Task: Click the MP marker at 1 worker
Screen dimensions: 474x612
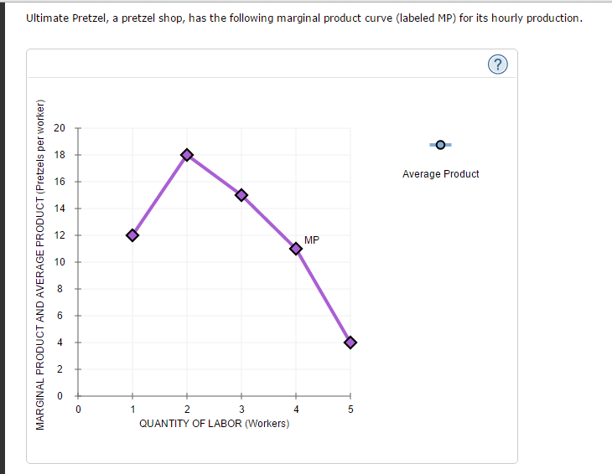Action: tap(132, 235)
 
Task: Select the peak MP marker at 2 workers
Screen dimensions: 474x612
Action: tap(187, 154)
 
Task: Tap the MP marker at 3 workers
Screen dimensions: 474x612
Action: tap(241, 195)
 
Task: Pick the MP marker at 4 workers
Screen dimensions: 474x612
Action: tap(296, 249)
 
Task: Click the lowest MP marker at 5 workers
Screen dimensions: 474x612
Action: tap(350, 343)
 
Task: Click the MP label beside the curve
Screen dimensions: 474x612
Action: tap(312, 240)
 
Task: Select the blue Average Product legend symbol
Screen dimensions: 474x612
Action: tap(440, 145)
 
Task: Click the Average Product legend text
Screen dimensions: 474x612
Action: tap(440, 174)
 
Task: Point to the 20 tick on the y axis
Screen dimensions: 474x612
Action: tap(59, 128)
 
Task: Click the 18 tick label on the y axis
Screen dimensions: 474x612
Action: tap(59, 155)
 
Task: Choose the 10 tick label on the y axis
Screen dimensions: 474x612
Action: tap(59, 262)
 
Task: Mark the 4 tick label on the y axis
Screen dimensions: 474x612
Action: tap(59, 343)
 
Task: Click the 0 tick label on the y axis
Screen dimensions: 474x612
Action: tap(59, 396)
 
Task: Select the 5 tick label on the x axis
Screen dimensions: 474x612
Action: tap(350, 410)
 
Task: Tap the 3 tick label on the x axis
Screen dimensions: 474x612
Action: tap(241, 410)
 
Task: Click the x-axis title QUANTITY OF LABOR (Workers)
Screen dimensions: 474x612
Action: tap(214, 424)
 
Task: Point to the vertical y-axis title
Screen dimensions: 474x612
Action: tap(39, 264)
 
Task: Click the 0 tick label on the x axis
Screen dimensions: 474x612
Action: tap(78, 410)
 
